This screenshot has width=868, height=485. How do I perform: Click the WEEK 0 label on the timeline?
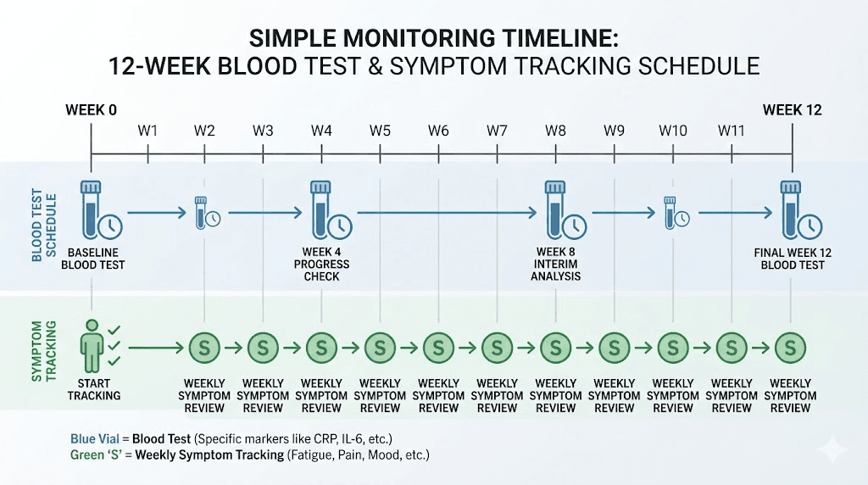(91, 110)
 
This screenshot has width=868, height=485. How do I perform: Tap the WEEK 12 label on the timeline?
(792, 110)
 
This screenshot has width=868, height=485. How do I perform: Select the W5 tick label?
(380, 131)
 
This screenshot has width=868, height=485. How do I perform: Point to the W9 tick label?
(614, 131)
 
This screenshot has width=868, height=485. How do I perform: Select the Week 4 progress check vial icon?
(321, 209)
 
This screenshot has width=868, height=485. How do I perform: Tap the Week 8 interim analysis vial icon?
(556, 209)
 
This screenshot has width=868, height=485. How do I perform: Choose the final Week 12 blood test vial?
(790, 209)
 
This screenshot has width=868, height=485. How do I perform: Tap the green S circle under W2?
(204, 346)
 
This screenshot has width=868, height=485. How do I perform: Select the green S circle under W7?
(497, 346)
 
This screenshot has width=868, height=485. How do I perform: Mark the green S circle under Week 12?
(790, 346)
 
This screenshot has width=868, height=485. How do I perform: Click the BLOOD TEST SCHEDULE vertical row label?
(38, 227)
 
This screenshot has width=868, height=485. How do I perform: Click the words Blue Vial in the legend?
(97, 438)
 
